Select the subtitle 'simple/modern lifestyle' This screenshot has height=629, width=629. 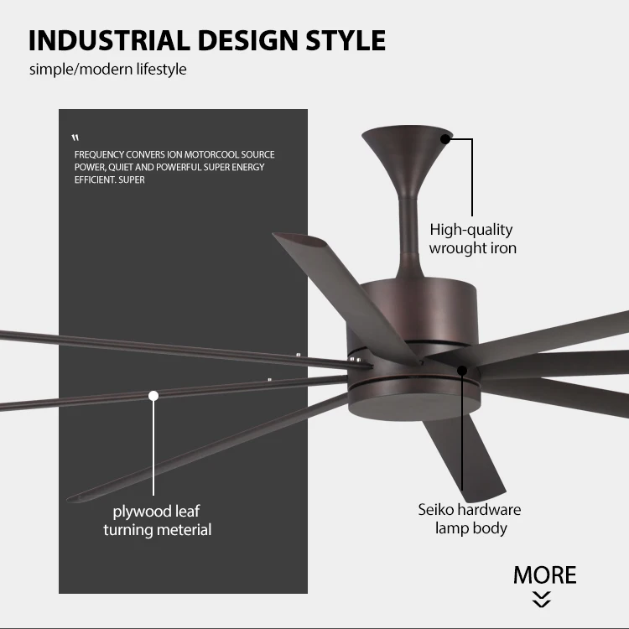coord(108,69)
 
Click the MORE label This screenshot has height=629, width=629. coord(544,575)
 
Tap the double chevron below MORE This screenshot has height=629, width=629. coord(543,599)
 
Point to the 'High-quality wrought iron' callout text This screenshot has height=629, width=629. coord(472,238)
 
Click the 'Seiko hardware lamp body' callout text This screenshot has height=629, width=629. coord(470,518)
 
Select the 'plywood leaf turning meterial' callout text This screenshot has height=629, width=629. coord(157,520)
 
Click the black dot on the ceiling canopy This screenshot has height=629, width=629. coord(446,138)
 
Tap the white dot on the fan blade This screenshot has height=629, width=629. coord(153,395)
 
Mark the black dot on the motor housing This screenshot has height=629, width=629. coord(460,369)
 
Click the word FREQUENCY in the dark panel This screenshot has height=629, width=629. coord(100,155)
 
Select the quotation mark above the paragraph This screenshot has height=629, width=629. coord(75,138)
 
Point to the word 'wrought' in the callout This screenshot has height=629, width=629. coord(459,247)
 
